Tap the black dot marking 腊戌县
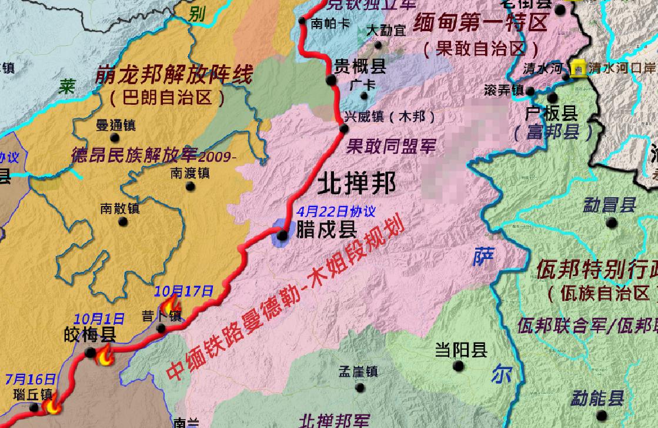click(282, 235)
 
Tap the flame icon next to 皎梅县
click(105, 357)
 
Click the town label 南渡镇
click(190, 173)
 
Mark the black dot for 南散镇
click(123, 221)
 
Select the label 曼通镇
click(116, 125)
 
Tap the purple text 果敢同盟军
click(391, 145)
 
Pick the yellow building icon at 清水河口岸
click(579, 69)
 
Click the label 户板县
click(552, 113)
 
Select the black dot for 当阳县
click(459, 366)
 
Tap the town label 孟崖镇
click(358, 372)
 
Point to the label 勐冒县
click(610, 205)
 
